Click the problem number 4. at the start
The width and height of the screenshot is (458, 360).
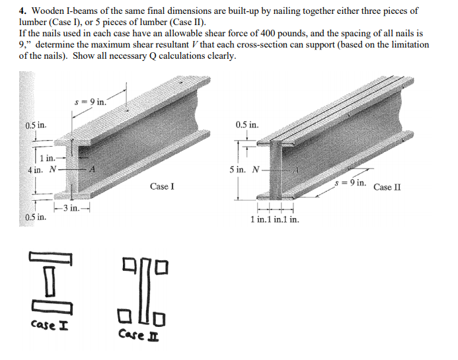point(23,11)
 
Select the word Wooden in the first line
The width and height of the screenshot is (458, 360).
point(47,11)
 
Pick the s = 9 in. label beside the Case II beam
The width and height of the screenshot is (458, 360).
point(350,182)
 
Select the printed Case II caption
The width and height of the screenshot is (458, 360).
point(387,187)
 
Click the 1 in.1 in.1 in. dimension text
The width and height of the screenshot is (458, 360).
point(275,219)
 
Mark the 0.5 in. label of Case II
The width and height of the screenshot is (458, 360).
point(247,124)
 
